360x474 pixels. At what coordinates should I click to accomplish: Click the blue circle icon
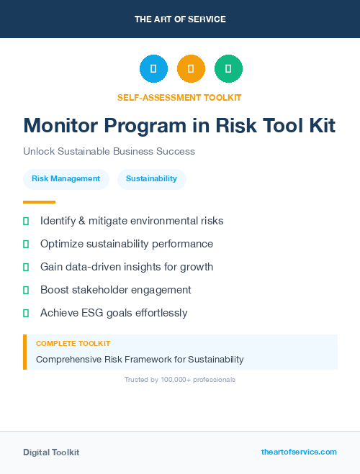[153, 69]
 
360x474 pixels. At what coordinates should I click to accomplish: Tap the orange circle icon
[191, 69]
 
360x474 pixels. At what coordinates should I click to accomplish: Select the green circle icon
[228, 69]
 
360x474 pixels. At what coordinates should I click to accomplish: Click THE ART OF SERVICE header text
[180, 19]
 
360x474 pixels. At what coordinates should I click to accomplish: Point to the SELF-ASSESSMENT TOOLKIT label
[179, 97]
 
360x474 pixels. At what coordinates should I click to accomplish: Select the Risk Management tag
[66, 179]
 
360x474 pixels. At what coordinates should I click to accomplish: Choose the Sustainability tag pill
[151, 179]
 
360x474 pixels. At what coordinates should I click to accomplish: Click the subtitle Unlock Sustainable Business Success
[109, 152]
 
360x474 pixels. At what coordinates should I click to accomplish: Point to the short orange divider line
[39, 202]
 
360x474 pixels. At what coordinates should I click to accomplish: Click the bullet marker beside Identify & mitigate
[26, 221]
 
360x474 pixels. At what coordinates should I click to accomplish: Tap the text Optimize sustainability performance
[127, 244]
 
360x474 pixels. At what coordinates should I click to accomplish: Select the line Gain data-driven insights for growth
[127, 267]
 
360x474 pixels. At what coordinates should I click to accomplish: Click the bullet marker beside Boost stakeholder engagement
[26, 290]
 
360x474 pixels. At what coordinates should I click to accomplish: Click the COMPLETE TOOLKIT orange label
[73, 344]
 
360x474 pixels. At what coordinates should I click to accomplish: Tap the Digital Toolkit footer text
[51, 452]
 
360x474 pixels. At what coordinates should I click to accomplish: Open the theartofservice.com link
[299, 452]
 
